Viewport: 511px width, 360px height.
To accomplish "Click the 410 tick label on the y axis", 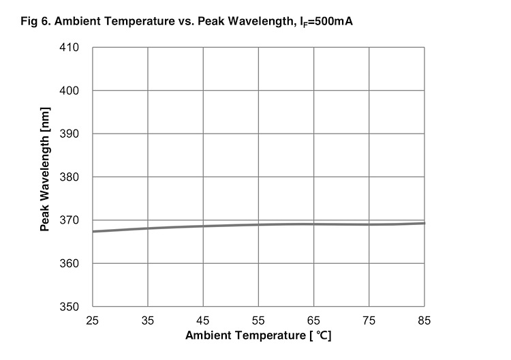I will click(x=71, y=48).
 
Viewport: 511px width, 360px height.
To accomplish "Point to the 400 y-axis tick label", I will click(x=71, y=91).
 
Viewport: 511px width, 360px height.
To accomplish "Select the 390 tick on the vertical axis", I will click(x=71, y=134).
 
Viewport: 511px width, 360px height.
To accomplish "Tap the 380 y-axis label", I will click(x=71, y=177).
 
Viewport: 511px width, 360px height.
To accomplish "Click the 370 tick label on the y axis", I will click(x=71, y=220).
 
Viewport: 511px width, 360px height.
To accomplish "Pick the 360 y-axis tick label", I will click(x=71, y=263).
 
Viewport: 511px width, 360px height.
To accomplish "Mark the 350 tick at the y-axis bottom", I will click(x=71, y=307).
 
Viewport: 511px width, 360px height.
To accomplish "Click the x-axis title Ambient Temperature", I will click(x=258, y=336).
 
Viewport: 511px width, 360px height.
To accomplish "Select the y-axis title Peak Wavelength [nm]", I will click(x=45, y=177).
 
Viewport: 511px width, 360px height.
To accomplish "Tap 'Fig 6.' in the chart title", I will click(x=36, y=21).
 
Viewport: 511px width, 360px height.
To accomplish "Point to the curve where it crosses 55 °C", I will click(x=258, y=225).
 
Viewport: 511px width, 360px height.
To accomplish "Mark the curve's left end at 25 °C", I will click(x=93, y=231).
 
